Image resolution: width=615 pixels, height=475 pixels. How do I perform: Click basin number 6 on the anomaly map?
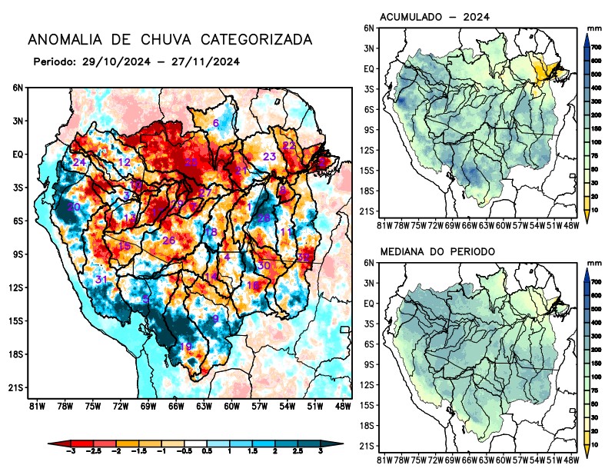pyautogui.click(x=215, y=123)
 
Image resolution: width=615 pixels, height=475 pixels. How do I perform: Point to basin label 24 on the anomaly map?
pyautogui.click(x=79, y=162)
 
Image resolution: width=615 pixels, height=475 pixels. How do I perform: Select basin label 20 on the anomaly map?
pyautogui.click(x=74, y=207)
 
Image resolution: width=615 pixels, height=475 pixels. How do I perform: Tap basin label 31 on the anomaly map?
pyautogui.click(x=101, y=279)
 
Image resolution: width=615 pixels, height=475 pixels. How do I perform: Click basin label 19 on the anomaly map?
pyautogui.click(x=185, y=347)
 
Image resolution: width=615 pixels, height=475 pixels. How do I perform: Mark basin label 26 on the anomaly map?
pyautogui.click(x=169, y=241)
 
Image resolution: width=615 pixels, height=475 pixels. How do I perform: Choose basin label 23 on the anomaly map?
pyautogui.click(x=269, y=157)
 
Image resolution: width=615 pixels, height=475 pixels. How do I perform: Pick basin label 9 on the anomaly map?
pyautogui.click(x=216, y=318)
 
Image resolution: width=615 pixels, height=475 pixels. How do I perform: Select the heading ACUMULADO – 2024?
pyautogui.click(x=435, y=17)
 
